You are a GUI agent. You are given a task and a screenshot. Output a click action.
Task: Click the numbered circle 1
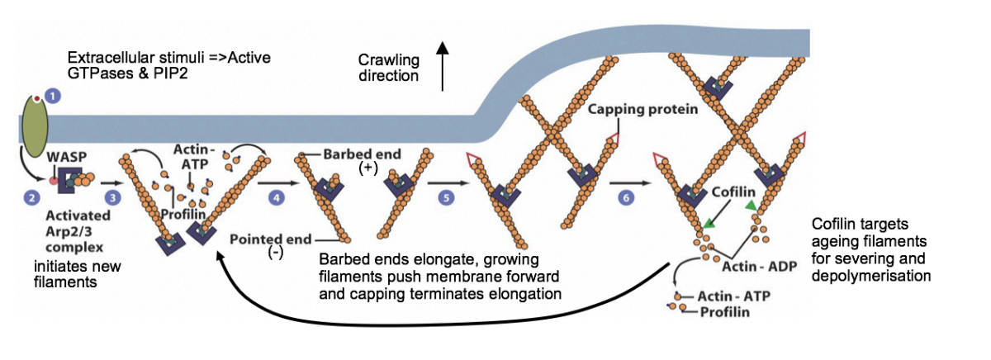54,96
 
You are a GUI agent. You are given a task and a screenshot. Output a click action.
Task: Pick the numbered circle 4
277,198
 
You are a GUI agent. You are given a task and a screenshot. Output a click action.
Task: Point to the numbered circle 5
447,198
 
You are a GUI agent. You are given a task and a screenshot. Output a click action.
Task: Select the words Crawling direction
388,68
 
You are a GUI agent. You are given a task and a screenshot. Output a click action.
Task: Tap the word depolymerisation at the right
872,275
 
